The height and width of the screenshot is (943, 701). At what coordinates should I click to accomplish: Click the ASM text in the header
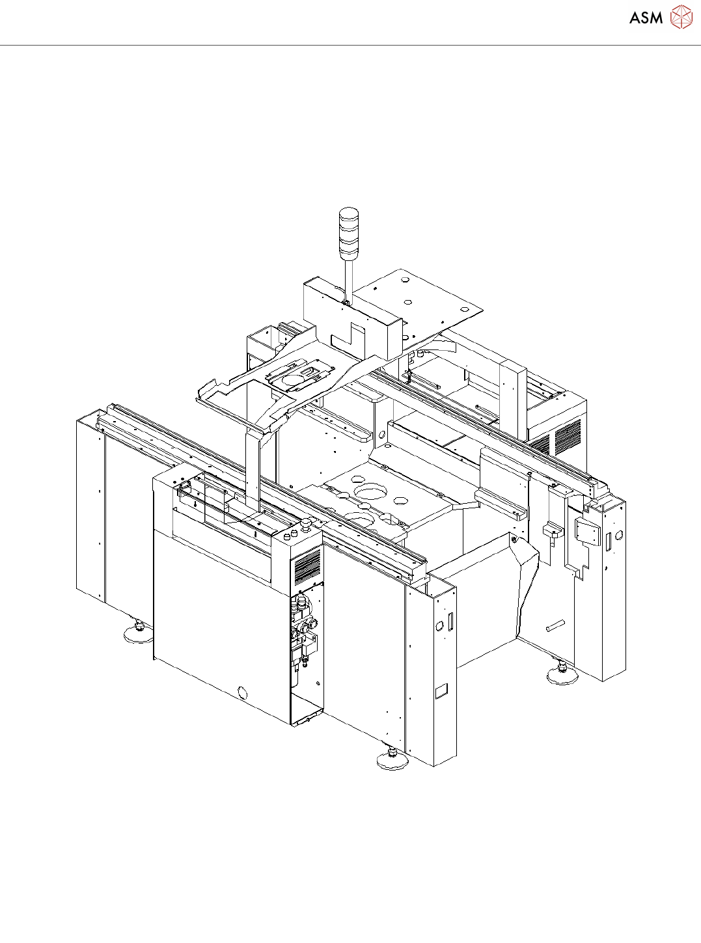646,18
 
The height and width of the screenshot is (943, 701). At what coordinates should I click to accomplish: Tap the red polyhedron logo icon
681,18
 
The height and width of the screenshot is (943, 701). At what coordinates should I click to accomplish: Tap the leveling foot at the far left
138,635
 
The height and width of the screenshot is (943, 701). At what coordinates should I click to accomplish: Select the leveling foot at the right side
561,674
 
